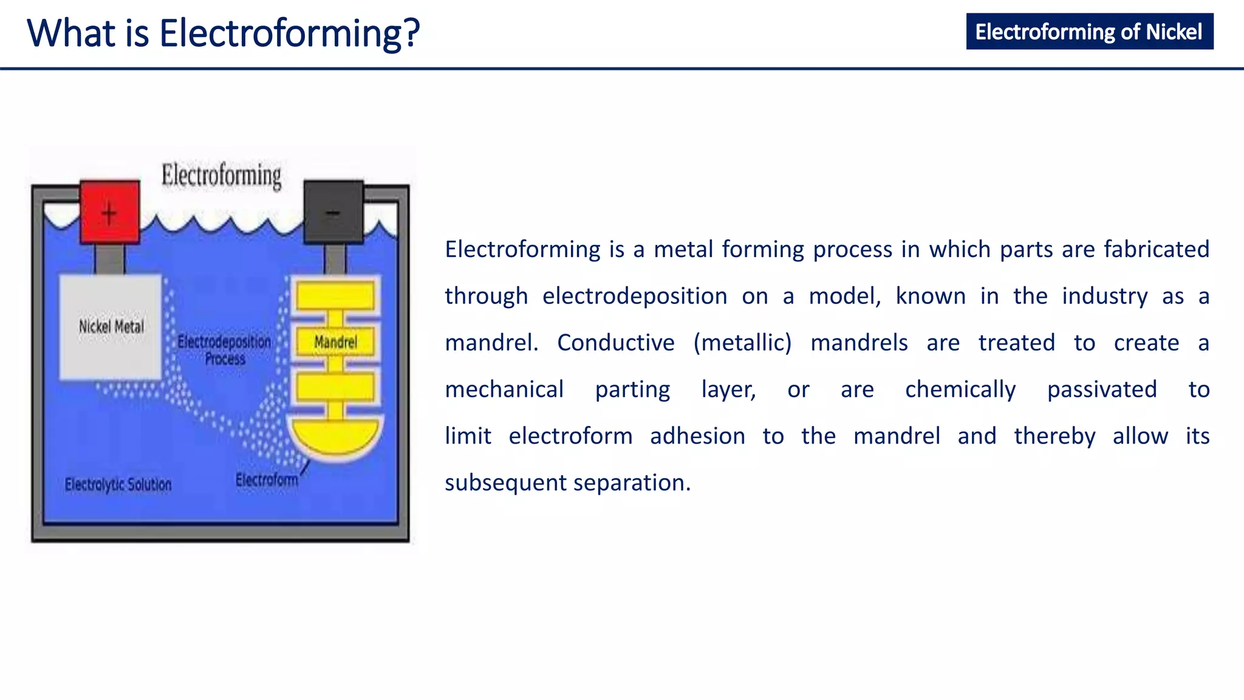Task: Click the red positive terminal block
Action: pos(110,211)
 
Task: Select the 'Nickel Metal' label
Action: pos(111,327)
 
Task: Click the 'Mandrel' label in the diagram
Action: pos(335,342)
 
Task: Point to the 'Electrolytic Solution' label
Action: pos(118,484)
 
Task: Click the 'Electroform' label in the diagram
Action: pos(267,480)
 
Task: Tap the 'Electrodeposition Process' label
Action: pos(224,350)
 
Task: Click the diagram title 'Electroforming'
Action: pos(222,176)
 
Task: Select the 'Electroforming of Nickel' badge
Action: pos(1089,32)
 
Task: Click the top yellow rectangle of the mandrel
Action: pos(335,297)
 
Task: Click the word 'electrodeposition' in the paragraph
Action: pos(635,297)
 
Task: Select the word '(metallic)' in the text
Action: pos(742,343)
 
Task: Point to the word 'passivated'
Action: pos(1102,389)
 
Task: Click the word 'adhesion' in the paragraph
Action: pos(697,436)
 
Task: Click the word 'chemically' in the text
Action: pos(960,389)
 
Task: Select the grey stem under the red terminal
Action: pos(110,259)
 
